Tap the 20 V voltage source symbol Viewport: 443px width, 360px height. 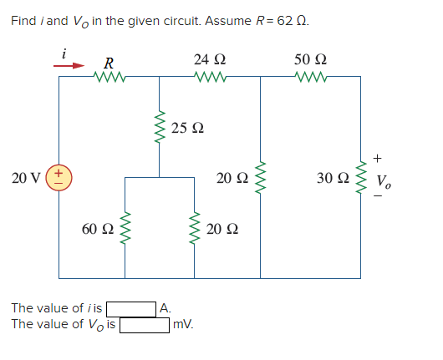59,178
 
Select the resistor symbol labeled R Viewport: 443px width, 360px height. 109,78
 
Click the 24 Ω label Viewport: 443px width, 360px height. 209,60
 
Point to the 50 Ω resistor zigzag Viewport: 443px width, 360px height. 311,78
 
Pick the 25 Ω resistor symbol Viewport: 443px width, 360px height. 160,128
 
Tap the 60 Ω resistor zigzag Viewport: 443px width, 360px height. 126,229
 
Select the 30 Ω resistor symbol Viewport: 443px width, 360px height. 361,178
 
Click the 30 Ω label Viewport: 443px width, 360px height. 331,178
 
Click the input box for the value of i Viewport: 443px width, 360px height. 130,308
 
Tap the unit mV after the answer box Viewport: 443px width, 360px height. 182,324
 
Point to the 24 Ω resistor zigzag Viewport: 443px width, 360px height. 209,78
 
